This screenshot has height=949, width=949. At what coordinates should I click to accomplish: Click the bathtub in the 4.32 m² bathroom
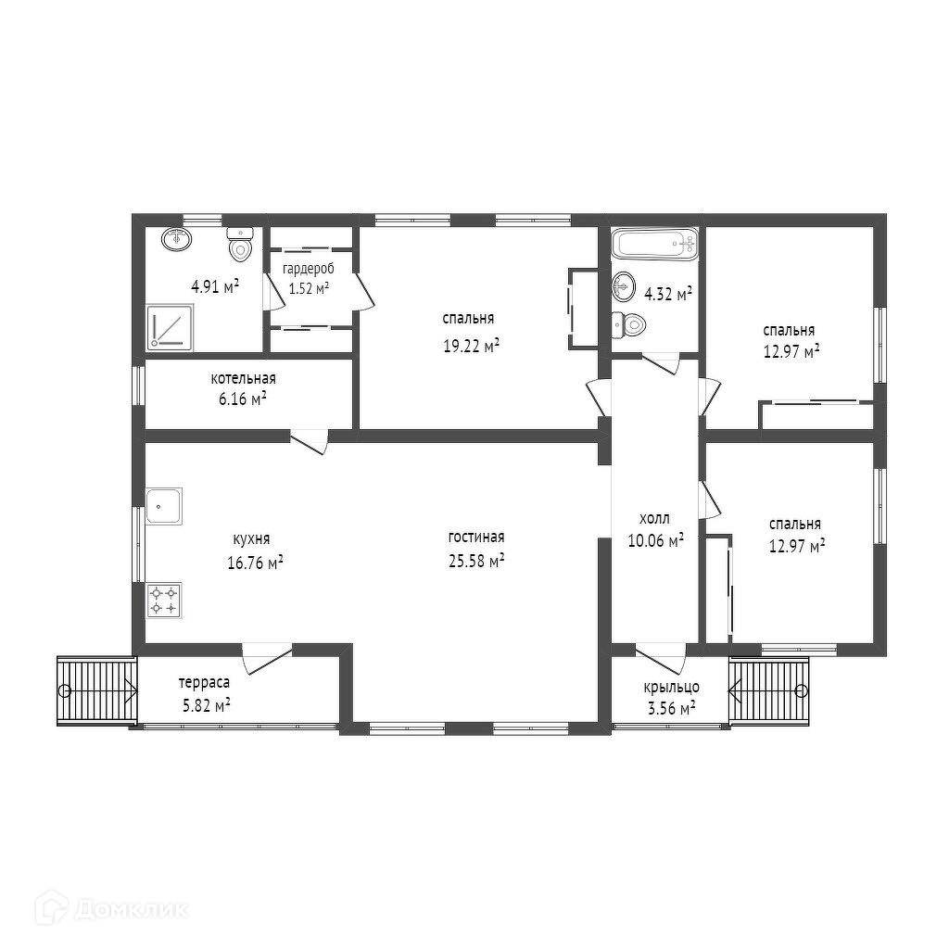pyautogui.click(x=655, y=245)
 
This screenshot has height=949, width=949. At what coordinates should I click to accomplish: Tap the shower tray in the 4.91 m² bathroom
pyautogui.click(x=171, y=327)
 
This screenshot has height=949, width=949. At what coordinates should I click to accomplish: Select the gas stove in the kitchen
pyautogui.click(x=164, y=601)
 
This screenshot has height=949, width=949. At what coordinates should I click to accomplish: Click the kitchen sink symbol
pyautogui.click(x=164, y=506)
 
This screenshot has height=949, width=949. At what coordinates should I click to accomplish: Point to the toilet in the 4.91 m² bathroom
pyautogui.click(x=240, y=244)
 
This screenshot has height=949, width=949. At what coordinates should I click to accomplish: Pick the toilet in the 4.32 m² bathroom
pyautogui.click(x=628, y=325)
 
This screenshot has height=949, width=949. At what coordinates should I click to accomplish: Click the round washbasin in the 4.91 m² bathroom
pyautogui.click(x=177, y=238)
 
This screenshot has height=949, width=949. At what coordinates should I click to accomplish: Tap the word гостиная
pyautogui.click(x=476, y=537)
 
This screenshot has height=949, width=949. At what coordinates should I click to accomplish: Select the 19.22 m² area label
pyautogui.click(x=472, y=346)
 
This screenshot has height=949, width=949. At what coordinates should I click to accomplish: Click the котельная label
pyautogui.click(x=244, y=379)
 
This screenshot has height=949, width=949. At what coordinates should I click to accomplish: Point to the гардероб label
pyautogui.click(x=308, y=269)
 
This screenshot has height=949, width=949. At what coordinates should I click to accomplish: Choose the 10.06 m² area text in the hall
pyautogui.click(x=656, y=540)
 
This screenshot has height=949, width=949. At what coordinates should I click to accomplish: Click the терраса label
pyautogui.click(x=204, y=683)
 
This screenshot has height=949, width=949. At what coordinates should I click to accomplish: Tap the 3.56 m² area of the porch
pyautogui.click(x=671, y=708)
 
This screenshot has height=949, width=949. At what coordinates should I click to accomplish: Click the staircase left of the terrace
pyautogui.click(x=97, y=690)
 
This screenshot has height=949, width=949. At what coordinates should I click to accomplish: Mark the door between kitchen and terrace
pyautogui.click(x=268, y=658)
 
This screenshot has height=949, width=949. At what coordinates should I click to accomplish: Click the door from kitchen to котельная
pyautogui.click(x=309, y=441)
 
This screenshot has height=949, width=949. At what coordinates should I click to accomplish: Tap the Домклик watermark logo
pyautogui.click(x=111, y=908)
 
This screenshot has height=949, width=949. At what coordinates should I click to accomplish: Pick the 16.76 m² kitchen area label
pyautogui.click(x=256, y=563)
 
